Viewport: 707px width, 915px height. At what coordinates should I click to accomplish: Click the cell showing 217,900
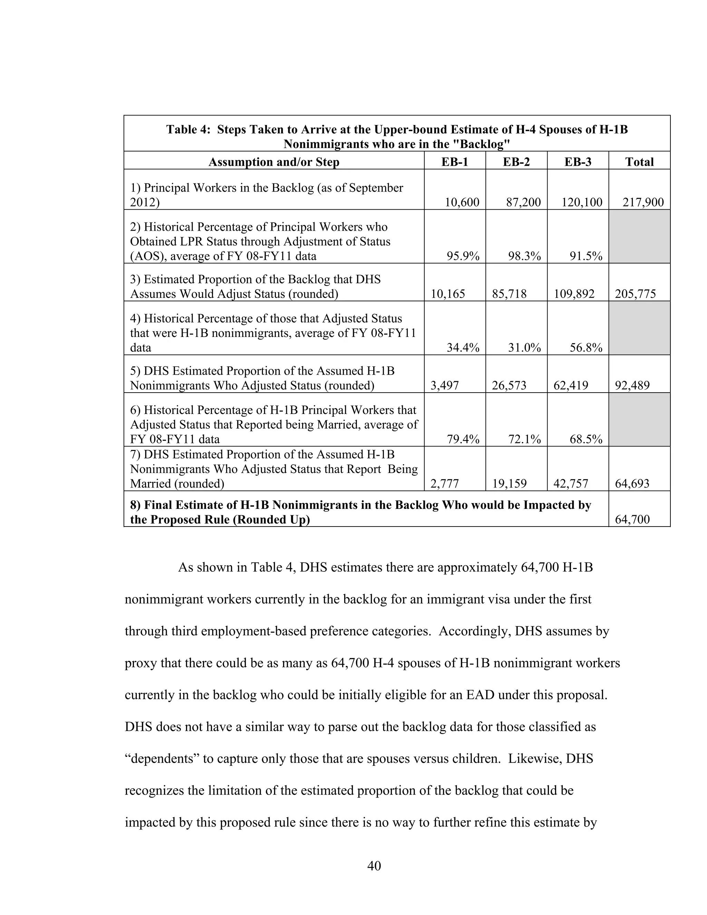coord(643,202)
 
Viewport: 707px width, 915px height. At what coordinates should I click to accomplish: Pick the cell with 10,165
coord(448,294)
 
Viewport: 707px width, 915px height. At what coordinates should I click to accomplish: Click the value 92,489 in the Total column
coord(632,385)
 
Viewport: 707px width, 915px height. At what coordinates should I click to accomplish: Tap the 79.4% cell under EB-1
coord(463,439)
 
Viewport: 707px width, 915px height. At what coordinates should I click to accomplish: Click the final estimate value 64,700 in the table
coord(632,520)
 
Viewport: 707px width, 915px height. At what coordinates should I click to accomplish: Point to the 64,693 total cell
coord(632,484)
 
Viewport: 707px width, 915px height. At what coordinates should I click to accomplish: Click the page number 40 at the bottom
coord(374,866)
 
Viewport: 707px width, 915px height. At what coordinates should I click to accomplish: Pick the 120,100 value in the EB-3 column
coord(582,202)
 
